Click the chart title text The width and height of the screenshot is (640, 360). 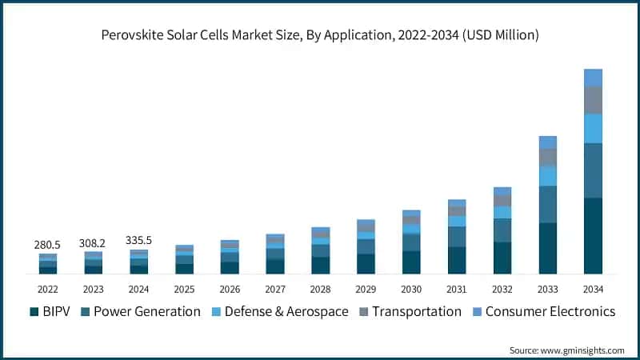[x=320, y=35]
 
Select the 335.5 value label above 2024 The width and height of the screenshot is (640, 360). [x=138, y=239]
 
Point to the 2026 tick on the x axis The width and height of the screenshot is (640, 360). [x=230, y=289]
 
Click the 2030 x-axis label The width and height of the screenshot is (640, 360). [x=411, y=289]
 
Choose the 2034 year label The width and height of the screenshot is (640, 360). [x=593, y=289]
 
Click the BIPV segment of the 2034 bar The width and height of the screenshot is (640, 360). [x=593, y=236]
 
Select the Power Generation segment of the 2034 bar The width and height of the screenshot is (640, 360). [x=593, y=170]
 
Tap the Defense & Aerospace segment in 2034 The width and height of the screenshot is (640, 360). [x=593, y=128]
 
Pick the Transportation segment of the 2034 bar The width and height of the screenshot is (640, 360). [x=593, y=100]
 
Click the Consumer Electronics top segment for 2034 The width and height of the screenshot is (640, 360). [x=593, y=78]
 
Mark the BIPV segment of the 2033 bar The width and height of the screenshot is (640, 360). [x=548, y=249]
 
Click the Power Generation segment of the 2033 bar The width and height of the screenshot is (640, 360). [x=548, y=204]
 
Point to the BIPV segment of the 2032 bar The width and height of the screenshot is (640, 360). [x=502, y=258]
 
